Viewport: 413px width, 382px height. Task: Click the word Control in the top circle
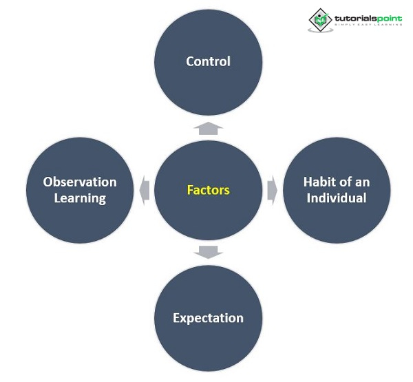[x=208, y=61]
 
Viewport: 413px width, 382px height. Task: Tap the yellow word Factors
[x=208, y=190]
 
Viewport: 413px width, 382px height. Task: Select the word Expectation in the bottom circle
[x=208, y=318]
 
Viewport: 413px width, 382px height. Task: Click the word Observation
[x=80, y=182]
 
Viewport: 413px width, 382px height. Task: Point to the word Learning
[x=80, y=199]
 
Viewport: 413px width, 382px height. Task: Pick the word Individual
[x=337, y=199]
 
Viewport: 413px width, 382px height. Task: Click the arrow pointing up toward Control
[x=208, y=127]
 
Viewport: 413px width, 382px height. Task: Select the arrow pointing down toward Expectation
[x=208, y=252]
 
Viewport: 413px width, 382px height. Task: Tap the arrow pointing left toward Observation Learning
[x=144, y=189]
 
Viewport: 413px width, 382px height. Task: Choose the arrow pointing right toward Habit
[x=272, y=189]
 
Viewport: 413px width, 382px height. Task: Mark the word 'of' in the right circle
[x=348, y=182]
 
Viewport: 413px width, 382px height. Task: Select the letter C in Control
[x=190, y=61]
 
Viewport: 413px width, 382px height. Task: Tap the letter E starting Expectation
[x=177, y=318]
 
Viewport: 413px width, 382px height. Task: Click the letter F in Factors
[x=190, y=190]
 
